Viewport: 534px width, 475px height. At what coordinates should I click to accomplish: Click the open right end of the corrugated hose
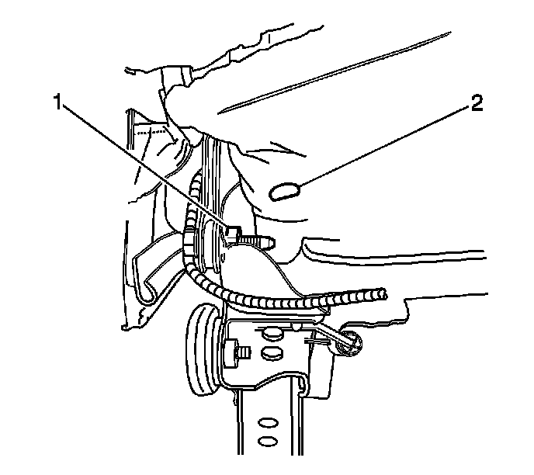[x=381, y=293]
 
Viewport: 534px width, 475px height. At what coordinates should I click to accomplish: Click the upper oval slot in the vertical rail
[x=266, y=424]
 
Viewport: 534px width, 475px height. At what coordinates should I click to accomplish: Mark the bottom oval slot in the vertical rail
[x=266, y=442]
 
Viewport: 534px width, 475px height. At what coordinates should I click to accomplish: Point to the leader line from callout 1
[x=147, y=167]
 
